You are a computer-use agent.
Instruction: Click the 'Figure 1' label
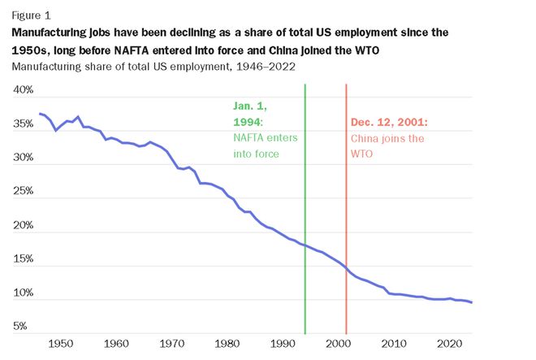tap(29, 15)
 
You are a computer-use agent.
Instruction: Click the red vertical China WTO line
tap(347, 203)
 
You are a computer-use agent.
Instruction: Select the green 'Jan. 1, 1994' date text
tap(251, 114)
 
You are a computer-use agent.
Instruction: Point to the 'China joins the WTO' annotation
tap(387, 145)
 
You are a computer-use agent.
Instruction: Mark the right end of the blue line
tap(472, 303)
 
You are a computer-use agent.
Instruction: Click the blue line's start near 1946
tap(39, 113)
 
